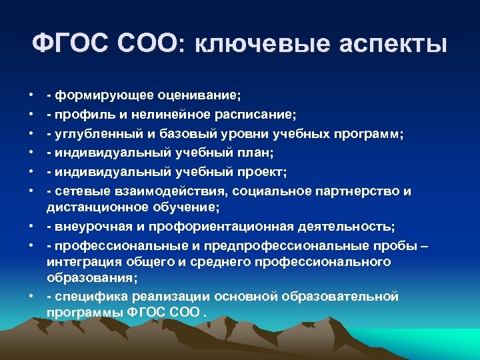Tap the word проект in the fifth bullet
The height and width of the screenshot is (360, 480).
(262, 172)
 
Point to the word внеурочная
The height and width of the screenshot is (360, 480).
(90, 227)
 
